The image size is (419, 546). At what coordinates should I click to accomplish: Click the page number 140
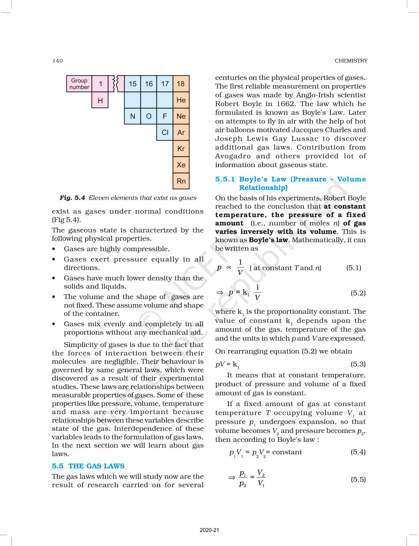pyautogui.click(x=57, y=61)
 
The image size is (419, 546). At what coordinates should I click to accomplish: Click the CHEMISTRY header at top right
pyautogui.click(x=351, y=61)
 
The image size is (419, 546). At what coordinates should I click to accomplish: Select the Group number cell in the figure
pyautogui.click(x=79, y=84)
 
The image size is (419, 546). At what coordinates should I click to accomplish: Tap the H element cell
pyautogui.click(x=100, y=100)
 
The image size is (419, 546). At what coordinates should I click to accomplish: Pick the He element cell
pyautogui.click(x=181, y=100)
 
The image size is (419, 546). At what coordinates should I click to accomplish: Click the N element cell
pyautogui.click(x=133, y=116)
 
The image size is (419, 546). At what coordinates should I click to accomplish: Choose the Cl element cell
pyautogui.click(x=165, y=133)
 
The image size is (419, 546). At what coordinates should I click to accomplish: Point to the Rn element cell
pyautogui.click(x=181, y=181)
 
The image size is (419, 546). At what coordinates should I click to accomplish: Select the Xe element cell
pyautogui.click(x=181, y=165)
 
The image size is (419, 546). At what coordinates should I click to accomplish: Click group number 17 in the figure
pyautogui.click(x=165, y=84)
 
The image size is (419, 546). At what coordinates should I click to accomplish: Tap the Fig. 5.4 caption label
pyautogui.click(x=72, y=198)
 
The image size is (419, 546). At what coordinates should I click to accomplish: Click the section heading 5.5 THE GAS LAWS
pyautogui.click(x=88, y=466)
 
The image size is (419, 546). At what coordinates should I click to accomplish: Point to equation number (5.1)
pyautogui.click(x=354, y=268)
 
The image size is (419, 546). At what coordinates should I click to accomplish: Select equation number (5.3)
pyautogui.click(x=358, y=364)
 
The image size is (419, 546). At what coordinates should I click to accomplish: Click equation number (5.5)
pyautogui.click(x=358, y=479)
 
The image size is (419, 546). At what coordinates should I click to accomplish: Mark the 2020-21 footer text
pyautogui.click(x=209, y=530)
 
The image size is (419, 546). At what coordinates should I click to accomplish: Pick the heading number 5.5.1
pyautogui.click(x=225, y=179)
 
